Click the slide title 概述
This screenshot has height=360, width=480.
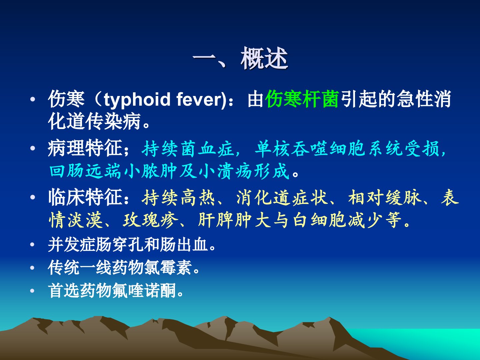(x=264, y=59)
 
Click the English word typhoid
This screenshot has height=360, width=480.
(x=137, y=100)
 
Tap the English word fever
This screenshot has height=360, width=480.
(x=199, y=100)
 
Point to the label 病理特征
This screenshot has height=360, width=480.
(x=85, y=148)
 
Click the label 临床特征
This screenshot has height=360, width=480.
(x=85, y=197)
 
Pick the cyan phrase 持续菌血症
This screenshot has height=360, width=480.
(x=188, y=149)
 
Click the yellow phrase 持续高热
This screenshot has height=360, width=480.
(x=178, y=198)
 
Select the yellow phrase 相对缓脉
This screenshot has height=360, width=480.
(x=385, y=198)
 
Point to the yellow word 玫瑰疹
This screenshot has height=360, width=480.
(x=150, y=220)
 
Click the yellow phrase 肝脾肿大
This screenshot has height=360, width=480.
(x=235, y=220)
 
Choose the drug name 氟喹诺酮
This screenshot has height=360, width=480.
(x=144, y=291)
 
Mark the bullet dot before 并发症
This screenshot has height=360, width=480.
(x=32, y=245)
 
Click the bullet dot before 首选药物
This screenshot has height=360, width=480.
(x=32, y=291)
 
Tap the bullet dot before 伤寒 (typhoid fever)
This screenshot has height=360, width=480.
(x=33, y=100)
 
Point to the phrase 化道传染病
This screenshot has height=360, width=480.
(x=94, y=121)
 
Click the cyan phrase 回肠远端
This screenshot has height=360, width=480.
(x=85, y=171)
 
